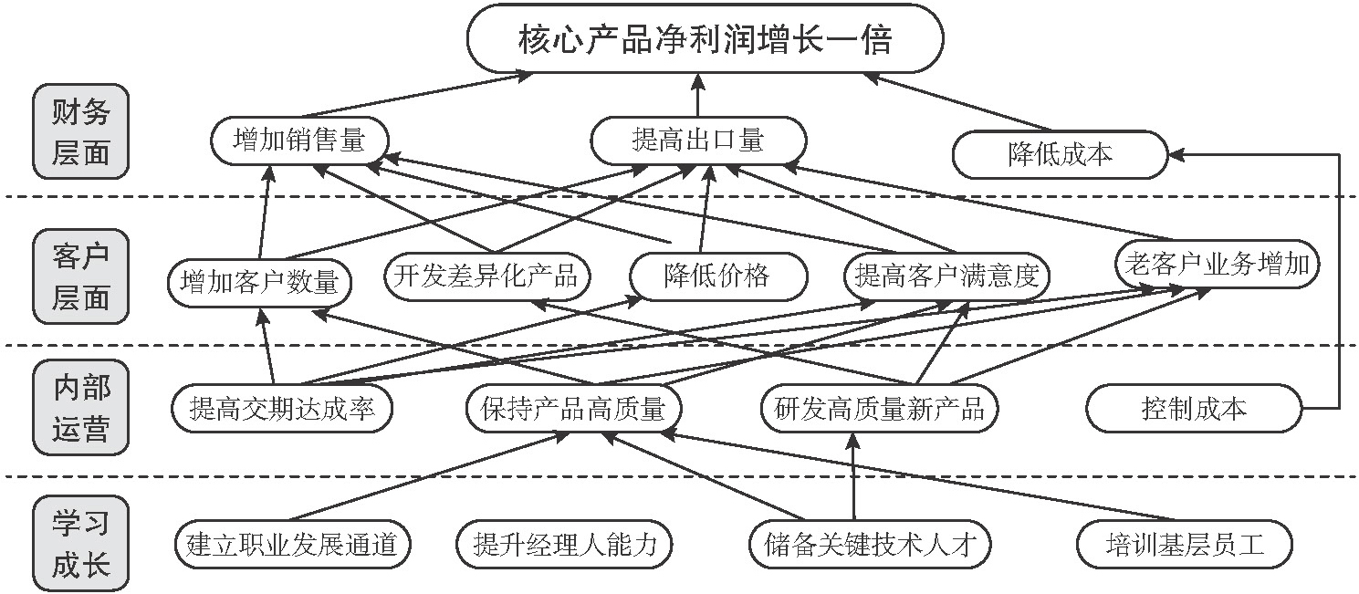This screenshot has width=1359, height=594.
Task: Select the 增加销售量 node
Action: [299, 141]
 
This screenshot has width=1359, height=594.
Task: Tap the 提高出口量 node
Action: [698, 141]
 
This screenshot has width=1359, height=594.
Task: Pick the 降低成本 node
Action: [1060, 154]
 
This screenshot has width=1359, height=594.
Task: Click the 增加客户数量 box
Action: [260, 281]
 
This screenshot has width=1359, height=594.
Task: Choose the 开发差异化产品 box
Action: [486, 275]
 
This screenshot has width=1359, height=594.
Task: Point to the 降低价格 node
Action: [717, 275]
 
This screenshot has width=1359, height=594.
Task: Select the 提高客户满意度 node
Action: [947, 275]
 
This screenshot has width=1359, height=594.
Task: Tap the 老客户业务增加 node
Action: [1217, 266]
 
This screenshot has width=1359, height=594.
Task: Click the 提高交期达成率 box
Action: [282, 409]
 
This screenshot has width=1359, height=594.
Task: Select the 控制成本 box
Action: [1193, 408]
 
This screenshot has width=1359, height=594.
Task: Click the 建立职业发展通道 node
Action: [291, 545]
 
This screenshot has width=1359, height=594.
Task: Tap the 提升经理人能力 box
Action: [564, 545]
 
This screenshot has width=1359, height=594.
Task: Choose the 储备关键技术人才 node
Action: [869, 545]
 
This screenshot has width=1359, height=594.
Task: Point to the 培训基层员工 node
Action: [1184, 545]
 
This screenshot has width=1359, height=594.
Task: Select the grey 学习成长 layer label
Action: [80, 545]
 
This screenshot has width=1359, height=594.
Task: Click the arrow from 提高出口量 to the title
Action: [698, 96]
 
